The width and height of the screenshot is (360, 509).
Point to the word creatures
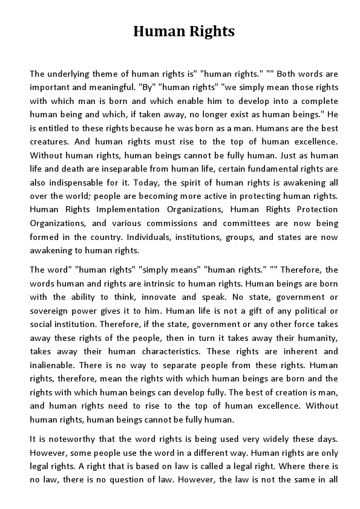coord(48,141)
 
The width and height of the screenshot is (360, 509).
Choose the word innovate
coord(160,297)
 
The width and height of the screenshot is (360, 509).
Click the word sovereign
coord(51,311)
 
